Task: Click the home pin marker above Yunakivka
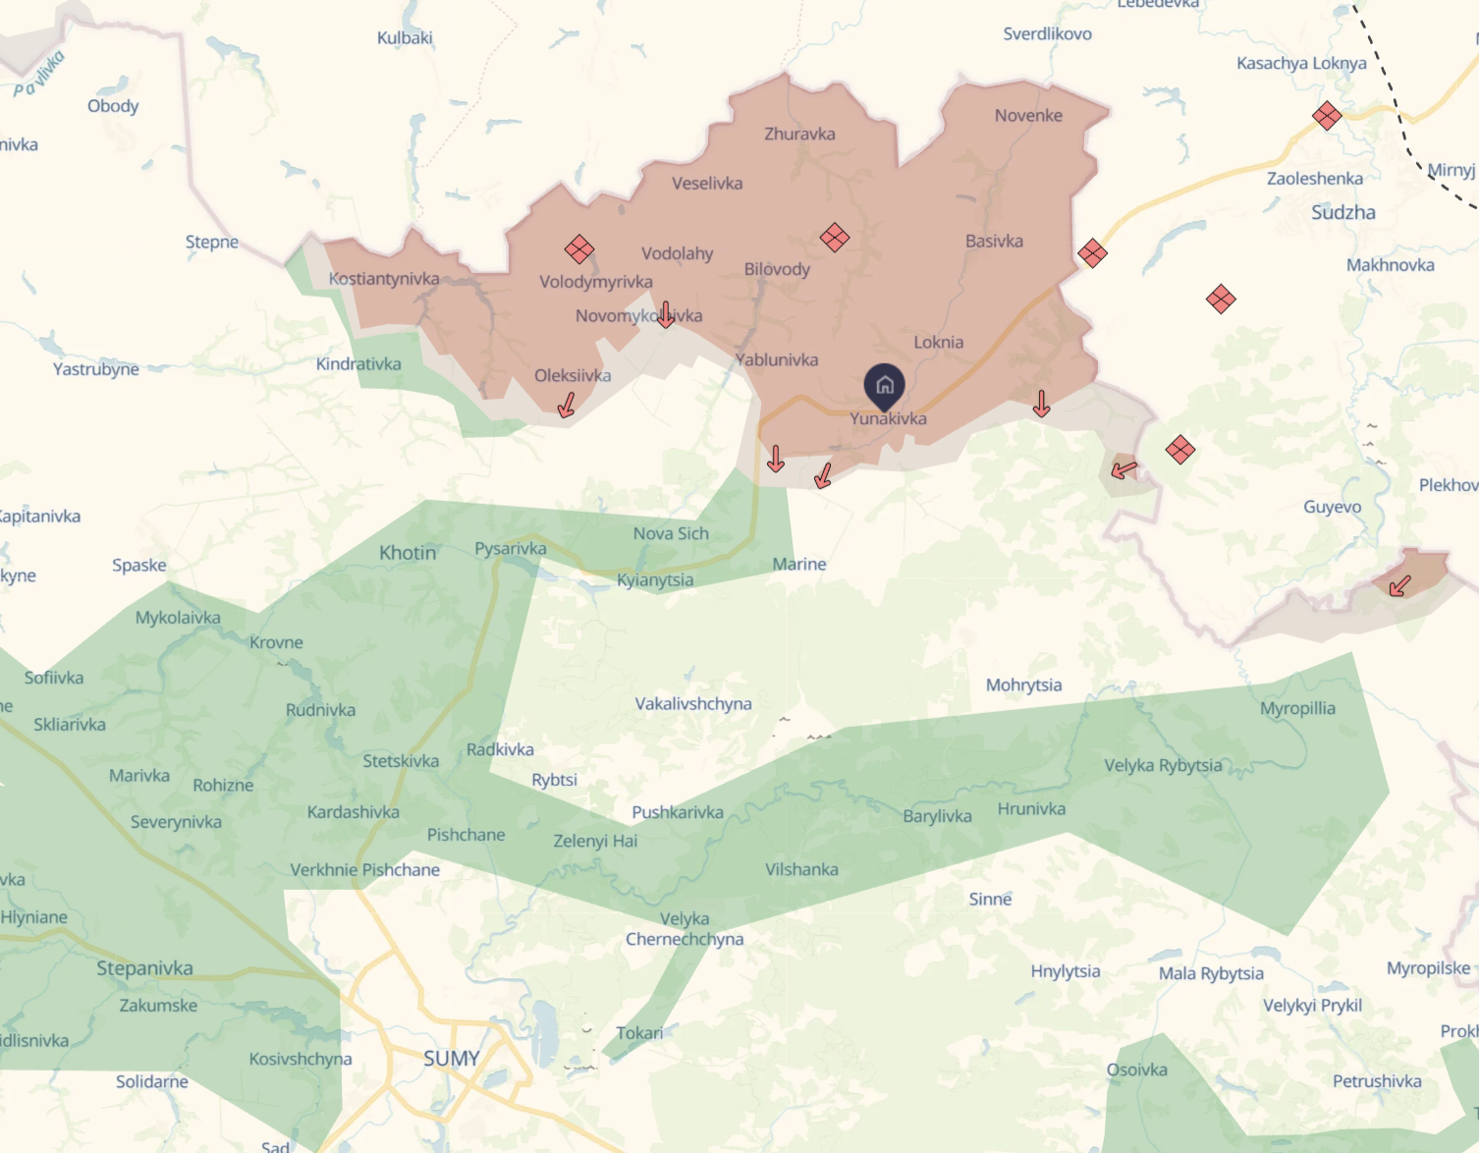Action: (x=884, y=386)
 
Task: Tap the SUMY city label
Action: (x=452, y=1059)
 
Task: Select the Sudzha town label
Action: (x=1342, y=212)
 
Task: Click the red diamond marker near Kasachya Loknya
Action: (x=1327, y=116)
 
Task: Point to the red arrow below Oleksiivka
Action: (x=567, y=405)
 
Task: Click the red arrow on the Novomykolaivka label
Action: (x=666, y=314)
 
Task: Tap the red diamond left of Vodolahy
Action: (x=579, y=249)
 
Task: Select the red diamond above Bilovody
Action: (x=835, y=237)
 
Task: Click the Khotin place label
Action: (x=408, y=553)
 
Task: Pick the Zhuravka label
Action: (x=799, y=134)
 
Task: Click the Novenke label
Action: (x=1028, y=115)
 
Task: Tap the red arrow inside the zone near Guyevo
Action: (x=1400, y=586)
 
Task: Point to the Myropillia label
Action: (x=1297, y=708)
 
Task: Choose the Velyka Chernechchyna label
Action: (x=685, y=929)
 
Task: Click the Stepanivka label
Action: (x=144, y=968)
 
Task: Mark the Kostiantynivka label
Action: (x=384, y=279)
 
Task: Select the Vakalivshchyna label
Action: (x=693, y=704)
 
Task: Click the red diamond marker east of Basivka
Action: (x=1092, y=253)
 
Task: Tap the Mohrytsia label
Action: (x=1023, y=685)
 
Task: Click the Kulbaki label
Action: (x=405, y=38)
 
